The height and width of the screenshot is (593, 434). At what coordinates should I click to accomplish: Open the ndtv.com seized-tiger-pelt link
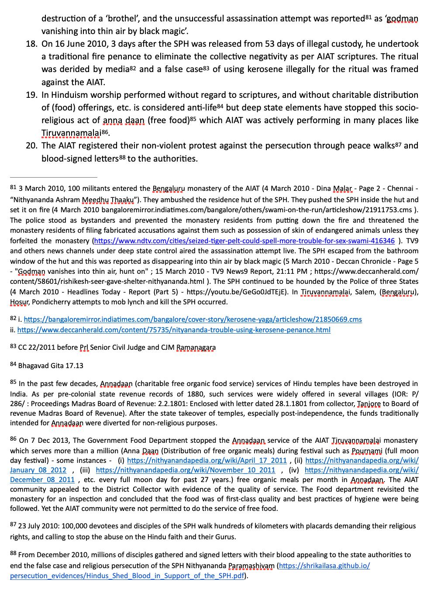click(x=244, y=241)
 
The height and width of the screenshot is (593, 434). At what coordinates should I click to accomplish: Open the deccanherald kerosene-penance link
click(x=174, y=330)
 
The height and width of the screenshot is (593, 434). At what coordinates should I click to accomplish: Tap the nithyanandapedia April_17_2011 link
click(x=207, y=460)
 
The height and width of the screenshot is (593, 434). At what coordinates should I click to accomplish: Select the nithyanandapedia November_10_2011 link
click(x=186, y=470)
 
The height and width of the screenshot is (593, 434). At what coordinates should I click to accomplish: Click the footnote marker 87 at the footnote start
click(x=13, y=525)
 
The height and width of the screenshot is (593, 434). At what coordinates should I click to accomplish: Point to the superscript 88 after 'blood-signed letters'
click(x=122, y=158)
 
